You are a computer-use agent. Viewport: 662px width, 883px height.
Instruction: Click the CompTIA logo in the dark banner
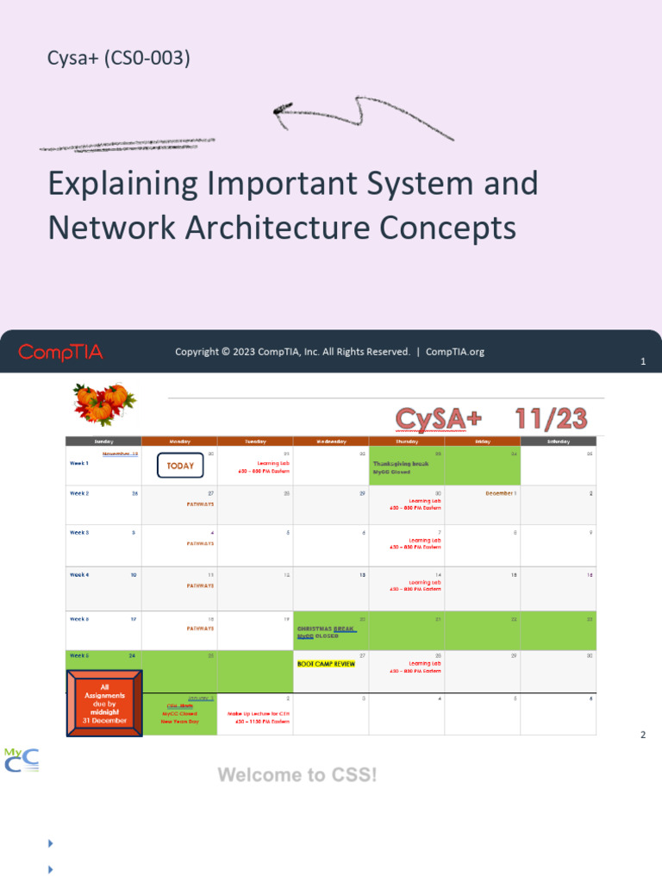60,352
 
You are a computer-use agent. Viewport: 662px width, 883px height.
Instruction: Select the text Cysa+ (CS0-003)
119,59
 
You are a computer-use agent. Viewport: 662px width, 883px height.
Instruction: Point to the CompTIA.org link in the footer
455,352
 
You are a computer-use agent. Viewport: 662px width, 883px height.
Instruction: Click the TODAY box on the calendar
180,466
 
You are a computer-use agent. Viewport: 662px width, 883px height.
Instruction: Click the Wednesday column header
331,441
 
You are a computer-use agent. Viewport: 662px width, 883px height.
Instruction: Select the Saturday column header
558,441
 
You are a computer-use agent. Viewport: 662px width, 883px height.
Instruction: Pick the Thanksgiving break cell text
401,463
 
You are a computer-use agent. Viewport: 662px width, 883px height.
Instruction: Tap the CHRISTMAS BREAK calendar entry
327,629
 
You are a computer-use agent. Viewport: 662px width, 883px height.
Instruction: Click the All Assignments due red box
104,703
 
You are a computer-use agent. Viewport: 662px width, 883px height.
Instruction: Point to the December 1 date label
501,494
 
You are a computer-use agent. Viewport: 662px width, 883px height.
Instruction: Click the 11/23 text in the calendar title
552,419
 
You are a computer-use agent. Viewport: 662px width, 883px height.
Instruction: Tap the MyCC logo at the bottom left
22,760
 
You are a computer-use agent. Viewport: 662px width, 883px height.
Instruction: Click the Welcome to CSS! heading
297,774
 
